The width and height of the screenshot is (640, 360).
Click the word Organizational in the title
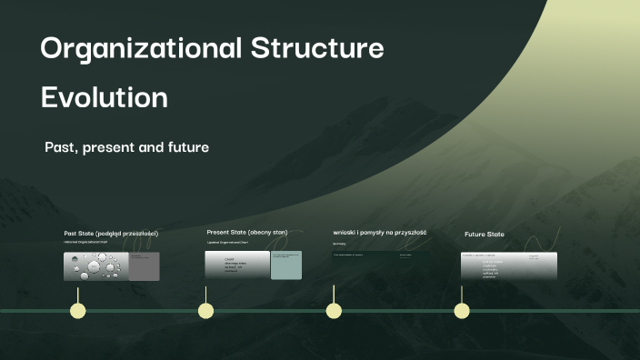[140, 48]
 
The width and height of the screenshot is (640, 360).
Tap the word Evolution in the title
[104, 97]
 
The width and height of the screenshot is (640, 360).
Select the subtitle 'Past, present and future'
[126, 146]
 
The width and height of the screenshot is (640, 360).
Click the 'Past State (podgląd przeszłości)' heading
[111, 234]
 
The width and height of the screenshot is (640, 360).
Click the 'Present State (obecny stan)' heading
[247, 233]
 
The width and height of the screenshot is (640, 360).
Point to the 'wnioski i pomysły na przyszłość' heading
[380, 233]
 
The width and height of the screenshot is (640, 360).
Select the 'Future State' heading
[485, 235]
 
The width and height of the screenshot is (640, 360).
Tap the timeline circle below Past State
[78, 311]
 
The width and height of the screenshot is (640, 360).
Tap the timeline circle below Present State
[206, 311]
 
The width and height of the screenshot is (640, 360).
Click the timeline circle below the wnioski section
[334, 311]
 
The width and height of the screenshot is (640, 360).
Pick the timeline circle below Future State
[462, 311]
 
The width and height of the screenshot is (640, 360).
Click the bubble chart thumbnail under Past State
[96, 265]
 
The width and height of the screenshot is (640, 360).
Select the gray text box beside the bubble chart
[145, 265]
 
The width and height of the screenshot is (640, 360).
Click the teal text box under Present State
[285, 265]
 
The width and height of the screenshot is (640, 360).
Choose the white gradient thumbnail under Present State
[238, 265]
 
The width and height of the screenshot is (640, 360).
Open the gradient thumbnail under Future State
[508, 265]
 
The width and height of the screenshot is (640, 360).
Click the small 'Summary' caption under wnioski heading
[340, 244]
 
